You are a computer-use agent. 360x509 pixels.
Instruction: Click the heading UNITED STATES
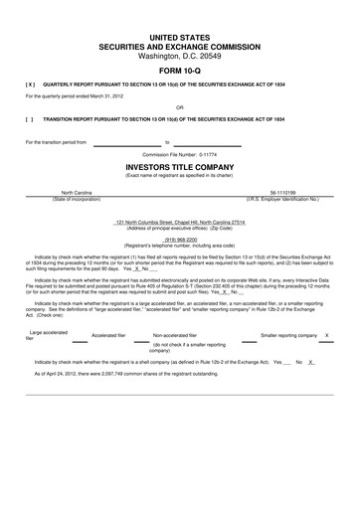(180, 36)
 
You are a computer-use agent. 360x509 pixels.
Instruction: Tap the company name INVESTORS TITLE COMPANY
(180, 168)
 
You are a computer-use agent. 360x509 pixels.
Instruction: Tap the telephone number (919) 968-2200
(180, 239)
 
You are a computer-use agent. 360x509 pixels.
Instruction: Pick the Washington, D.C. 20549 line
(180, 56)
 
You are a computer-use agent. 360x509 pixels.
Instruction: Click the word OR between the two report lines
(180, 106)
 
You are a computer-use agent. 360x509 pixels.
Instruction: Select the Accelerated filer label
(109, 336)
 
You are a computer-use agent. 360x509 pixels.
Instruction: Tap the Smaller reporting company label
(289, 336)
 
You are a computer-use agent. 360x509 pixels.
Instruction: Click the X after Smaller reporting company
(326, 336)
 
